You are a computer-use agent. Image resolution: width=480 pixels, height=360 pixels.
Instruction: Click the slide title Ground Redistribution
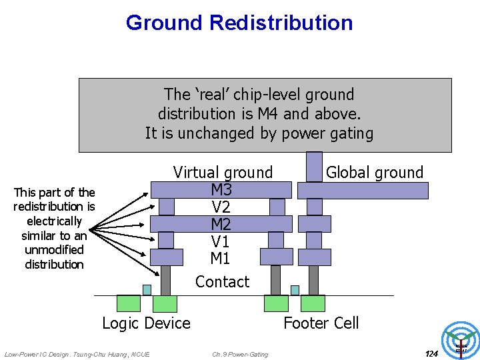point(239,23)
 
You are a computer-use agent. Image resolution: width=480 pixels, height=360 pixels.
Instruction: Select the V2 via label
point(221,207)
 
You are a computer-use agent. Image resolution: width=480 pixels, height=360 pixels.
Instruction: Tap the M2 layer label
point(221,224)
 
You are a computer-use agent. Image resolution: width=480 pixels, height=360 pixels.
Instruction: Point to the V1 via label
point(221,241)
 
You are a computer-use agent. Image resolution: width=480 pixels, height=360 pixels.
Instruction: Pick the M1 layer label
point(221,258)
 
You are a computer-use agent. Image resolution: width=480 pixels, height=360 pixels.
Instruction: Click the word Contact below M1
point(222,281)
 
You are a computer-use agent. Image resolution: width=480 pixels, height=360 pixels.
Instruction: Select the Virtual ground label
point(223,172)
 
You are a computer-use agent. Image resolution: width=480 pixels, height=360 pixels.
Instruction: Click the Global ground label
point(375,172)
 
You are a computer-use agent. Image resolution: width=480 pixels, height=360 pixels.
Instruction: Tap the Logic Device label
point(146,323)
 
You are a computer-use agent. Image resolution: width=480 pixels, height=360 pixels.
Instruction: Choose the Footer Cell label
point(321,323)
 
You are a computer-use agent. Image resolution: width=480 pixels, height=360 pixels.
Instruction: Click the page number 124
point(431,353)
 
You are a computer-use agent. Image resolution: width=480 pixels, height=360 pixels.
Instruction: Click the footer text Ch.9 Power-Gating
point(240,354)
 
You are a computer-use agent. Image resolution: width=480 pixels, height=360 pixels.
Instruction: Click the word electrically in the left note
point(54,221)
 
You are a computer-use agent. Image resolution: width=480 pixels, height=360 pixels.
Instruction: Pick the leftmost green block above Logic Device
point(129,303)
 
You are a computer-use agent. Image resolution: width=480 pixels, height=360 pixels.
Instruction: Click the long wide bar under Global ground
point(363,191)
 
